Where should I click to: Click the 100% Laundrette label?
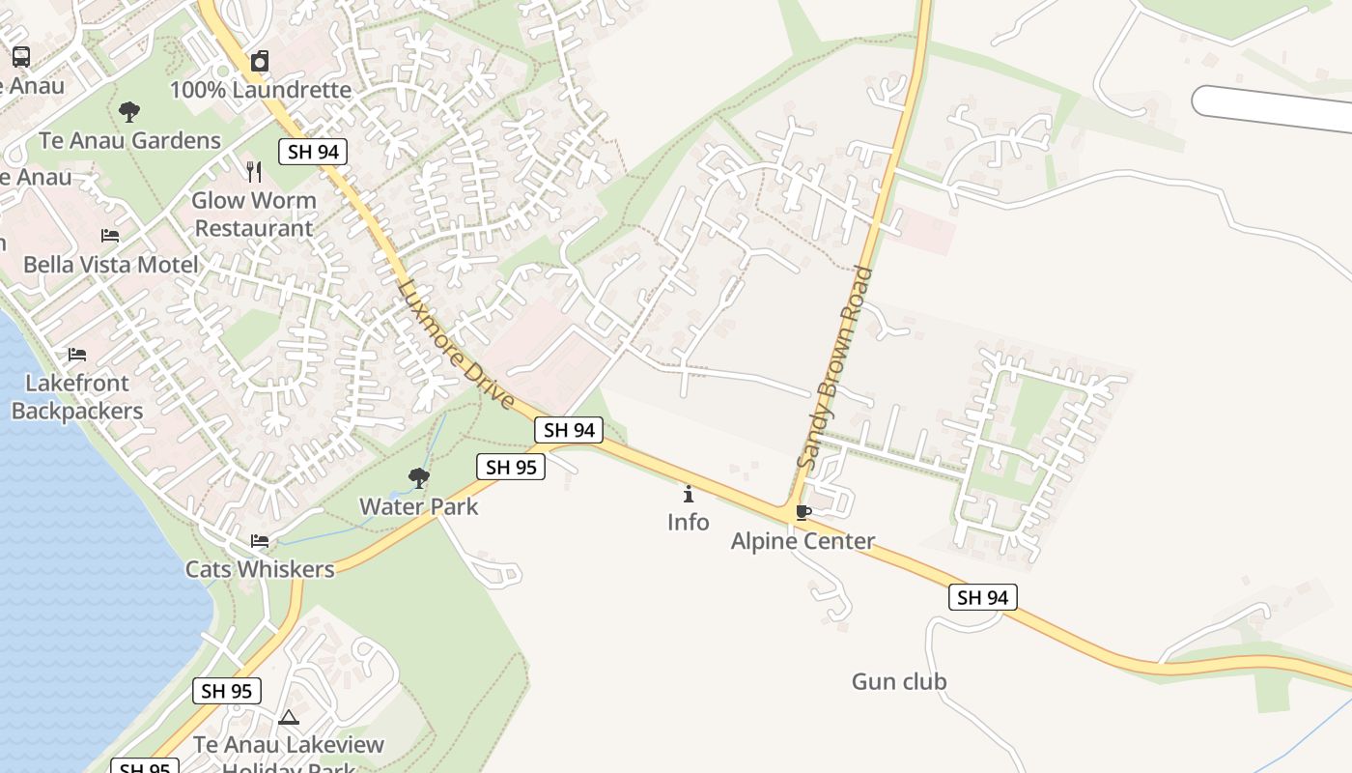pyautogui.click(x=261, y=90)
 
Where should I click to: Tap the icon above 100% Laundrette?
pyautogui.click(x=260, y=62)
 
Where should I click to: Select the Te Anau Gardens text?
pyautogui.click(x=130, y=140)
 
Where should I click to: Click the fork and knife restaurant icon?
pyautogui.click(x=254, y=172)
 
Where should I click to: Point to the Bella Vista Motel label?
pyautogui.click(x=111, y=264)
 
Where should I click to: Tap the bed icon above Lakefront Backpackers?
pyautogui.click(x=77, y=355)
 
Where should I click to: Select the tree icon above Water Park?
pyautogui.click(x=419, y=477)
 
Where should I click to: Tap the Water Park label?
pyautogui.click(x=419, y=506)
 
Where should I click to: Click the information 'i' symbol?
pyautogui.click(x=689, y=495)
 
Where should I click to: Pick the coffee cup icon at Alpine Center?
pyautogui.click(x=803, y=512)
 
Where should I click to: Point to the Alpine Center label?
pyautogui.click(x=803, y=541)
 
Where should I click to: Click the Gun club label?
pyautogui.click(x=899, y=681)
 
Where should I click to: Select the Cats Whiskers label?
pyautogui.click(x=260, y=569)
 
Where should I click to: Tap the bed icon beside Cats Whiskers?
pyautogui.click(x=260, y=540)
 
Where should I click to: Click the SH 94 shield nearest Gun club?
pyautogui.click(x=982, y=597)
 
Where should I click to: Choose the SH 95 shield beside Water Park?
pyautogui.click(x=511, y=467)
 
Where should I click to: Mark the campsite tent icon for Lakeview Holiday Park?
pyautogui.click(x=289, y=718)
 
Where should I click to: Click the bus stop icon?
pyautogui.click(x=21, y=57)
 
